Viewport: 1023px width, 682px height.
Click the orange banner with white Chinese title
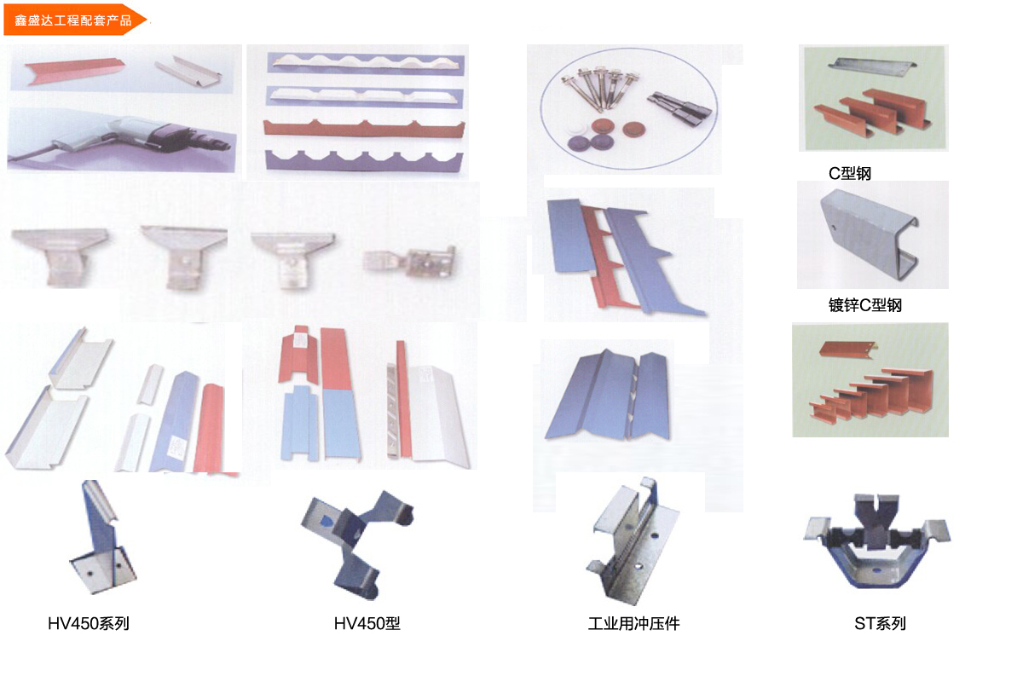(74, 20)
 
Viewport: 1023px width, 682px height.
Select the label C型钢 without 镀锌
(849, 173)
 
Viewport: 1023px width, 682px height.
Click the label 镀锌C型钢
(865, 304)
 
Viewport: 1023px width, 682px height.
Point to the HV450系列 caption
(89, 623)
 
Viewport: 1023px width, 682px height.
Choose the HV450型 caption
(367, 623)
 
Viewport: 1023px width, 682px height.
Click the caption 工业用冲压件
(633, 623)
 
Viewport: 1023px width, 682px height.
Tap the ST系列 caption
(880, 623)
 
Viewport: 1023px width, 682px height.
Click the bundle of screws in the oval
(598, 89)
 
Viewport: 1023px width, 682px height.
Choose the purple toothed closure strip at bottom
(364, 161)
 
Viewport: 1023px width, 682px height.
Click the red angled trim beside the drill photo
(73, 70)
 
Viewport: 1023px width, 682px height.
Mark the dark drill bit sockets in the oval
(679, 109)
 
